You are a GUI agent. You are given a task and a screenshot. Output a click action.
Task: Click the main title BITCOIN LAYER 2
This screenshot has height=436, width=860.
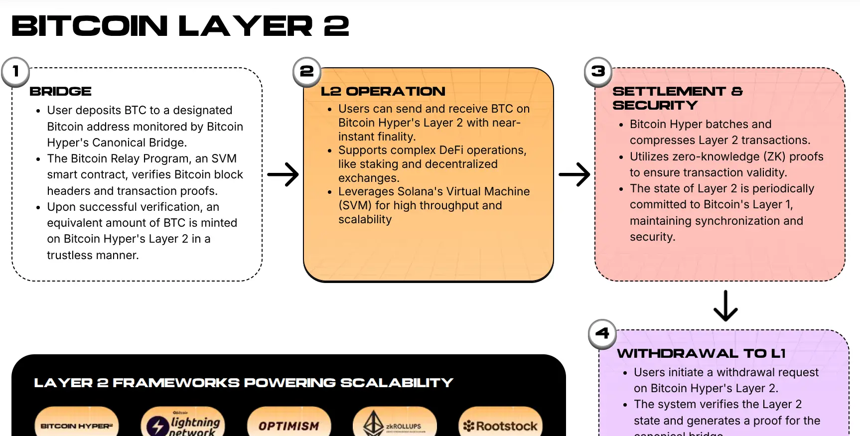(x=180, y=26)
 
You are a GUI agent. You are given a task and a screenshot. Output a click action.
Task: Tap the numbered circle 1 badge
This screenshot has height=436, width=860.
(x=15, y=72)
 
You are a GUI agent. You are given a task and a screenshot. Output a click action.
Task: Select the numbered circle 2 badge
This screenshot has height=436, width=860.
(x=307, y=72)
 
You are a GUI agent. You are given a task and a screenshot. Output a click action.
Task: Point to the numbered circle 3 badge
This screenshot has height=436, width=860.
(x=598, y=72)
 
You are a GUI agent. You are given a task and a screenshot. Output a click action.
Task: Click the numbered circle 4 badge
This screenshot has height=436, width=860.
(x=602, y=333)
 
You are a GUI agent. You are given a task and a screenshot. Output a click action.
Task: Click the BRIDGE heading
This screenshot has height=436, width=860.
(x=60, y=92)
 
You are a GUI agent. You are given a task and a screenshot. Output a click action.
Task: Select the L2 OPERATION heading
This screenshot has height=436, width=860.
(x=383, y=92)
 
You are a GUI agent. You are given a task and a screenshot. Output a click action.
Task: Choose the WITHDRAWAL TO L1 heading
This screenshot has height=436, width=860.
(x=701, y=354)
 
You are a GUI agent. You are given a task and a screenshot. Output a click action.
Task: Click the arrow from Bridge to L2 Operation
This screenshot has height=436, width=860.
(x=283, y=174)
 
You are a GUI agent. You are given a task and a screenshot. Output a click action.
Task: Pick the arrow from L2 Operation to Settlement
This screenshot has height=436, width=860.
(x=574, y=174)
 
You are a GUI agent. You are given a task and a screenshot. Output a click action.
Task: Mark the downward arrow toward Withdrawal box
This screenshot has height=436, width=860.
(x=725, y=306)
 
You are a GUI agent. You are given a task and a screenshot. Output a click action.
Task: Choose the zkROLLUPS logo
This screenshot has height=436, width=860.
(x=394, y=425)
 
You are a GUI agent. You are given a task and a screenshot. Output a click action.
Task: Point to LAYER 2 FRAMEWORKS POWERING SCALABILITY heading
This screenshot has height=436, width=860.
(x=243, y=383)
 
